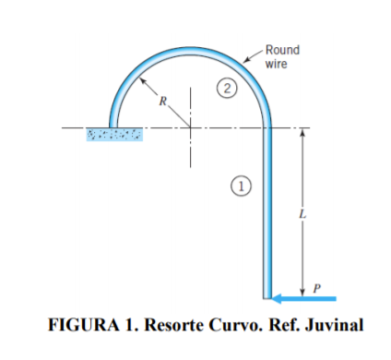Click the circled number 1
point(239,185)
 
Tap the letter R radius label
point(160,102)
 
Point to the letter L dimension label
point(301,213)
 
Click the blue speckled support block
point(115,137)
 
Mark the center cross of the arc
point(192,128)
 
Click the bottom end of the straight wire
point(268,296)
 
